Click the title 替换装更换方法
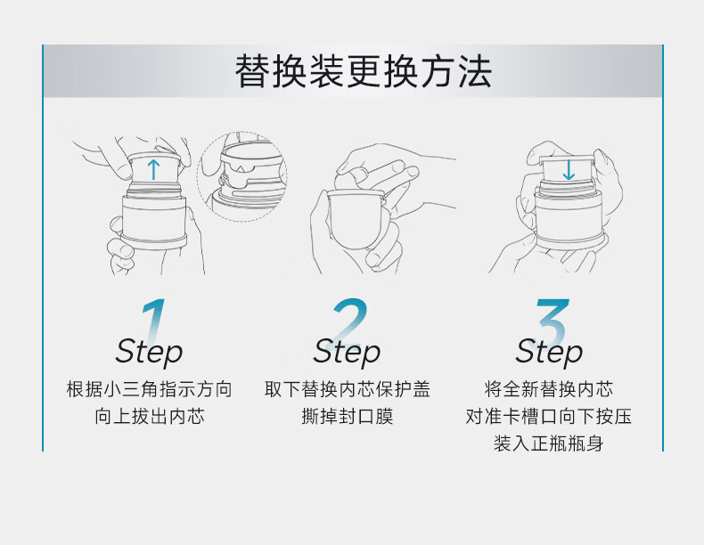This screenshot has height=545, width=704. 364,71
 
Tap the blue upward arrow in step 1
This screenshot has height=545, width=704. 153,170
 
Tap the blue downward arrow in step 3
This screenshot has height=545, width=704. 569,169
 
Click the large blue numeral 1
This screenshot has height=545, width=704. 153,321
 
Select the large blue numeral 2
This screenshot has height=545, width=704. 348,321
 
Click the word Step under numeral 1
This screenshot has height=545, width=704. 149,353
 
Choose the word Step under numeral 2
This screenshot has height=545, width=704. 347,353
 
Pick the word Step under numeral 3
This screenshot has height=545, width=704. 549,353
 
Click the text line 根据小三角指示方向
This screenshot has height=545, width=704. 149,389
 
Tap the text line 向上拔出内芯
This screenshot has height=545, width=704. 150,416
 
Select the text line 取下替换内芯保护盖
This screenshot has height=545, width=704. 347,389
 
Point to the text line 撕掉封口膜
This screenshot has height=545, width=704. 347,416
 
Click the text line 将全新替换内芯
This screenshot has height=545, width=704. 549,389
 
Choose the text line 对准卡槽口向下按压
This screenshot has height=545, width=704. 549,416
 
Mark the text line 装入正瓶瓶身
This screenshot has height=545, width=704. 549,443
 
